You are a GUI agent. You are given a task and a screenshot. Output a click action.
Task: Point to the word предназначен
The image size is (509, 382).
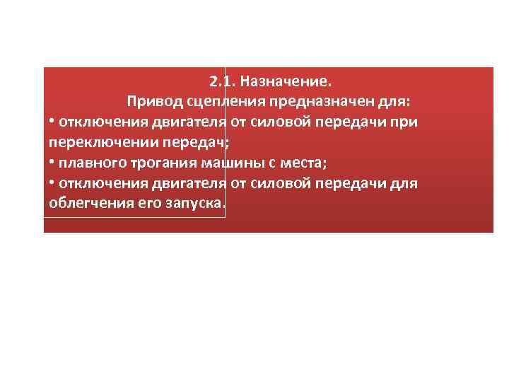point(317,101)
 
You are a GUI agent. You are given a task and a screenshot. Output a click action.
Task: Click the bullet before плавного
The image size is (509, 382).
point(52,163)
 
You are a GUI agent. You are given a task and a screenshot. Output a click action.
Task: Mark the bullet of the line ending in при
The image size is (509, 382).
point(52,122)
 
